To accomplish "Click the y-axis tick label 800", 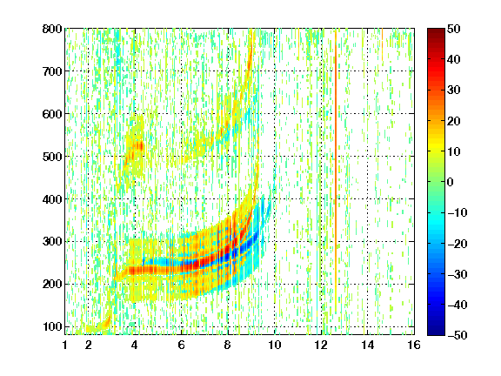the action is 52,29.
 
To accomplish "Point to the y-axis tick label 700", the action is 52,71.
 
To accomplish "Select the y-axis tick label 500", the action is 52,157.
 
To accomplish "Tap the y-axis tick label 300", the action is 52,241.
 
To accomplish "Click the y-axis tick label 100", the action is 52,326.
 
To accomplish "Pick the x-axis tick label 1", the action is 65,345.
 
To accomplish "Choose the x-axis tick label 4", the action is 135,345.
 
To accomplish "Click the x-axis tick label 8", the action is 228,345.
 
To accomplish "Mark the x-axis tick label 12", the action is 321,345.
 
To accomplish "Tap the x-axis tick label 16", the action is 414,345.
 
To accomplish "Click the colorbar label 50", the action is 454,29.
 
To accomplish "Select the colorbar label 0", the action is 451,182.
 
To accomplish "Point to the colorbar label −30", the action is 458,274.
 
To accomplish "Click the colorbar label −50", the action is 458,335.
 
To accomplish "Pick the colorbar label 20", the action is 454,121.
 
